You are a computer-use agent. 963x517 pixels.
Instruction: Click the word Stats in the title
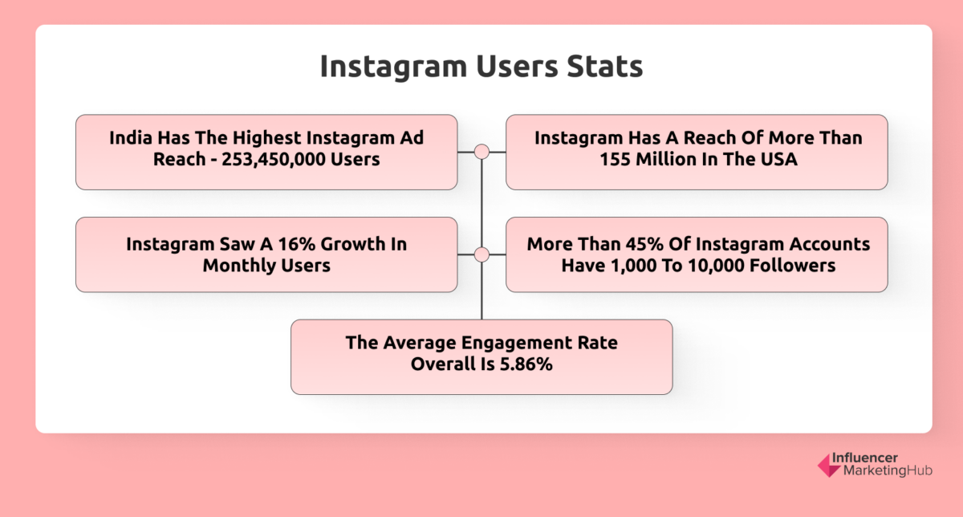(606, 67)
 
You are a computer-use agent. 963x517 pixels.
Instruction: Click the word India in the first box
(133, 138)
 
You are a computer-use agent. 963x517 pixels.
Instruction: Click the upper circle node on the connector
(481, 152)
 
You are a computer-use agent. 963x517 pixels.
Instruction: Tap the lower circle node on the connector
(481, 254)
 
